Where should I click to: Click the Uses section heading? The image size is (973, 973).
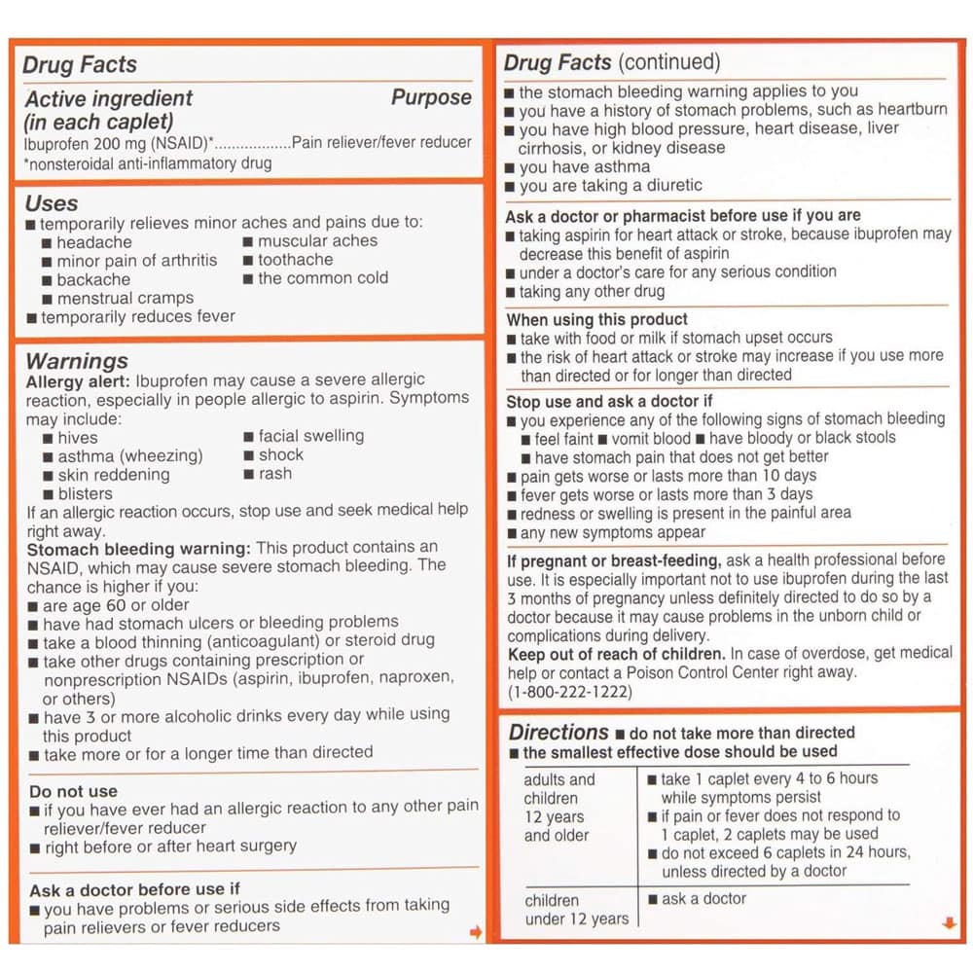tap(52, 203)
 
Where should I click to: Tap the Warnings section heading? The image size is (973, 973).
tap(77, 362)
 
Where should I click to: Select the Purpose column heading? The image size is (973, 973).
tap(431, 97)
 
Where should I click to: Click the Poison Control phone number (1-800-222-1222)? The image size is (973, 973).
tap(569, 692)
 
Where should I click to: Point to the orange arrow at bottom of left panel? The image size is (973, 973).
tap(476, 932)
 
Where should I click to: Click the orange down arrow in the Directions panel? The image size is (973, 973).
tap(950, 923)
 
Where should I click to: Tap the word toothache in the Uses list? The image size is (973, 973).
tap(295, 260)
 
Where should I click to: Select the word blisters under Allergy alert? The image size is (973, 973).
tap(85, 493)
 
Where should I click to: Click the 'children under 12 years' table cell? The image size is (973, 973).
tap(576, 909)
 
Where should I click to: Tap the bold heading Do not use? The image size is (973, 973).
tap(73, 792)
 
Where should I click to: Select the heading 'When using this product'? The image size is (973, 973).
tap(596, 319)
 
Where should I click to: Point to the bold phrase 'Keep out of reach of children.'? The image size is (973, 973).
tap(616, 654)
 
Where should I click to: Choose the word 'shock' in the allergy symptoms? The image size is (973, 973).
tap(281, 454)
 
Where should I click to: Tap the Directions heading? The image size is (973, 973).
tap(559, 733)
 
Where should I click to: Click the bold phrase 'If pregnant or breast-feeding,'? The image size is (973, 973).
tap(613, 559)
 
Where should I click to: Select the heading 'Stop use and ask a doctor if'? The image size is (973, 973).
tap(609, 401)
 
